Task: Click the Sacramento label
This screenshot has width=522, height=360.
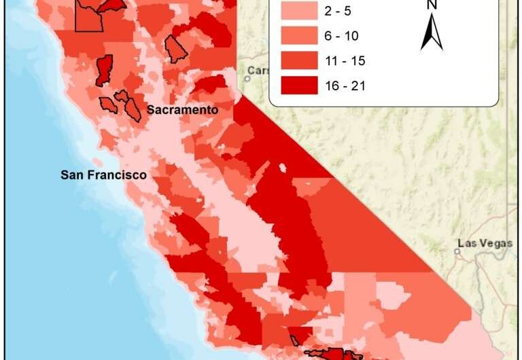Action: pos(183,110)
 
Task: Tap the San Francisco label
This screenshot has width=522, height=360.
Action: pos(103,175)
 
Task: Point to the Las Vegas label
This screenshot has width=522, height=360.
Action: pos(485,243)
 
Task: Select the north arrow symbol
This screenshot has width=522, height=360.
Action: pos(431,33)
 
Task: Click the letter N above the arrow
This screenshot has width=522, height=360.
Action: pos(432,5)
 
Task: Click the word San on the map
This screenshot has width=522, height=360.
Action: pos(71,175)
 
